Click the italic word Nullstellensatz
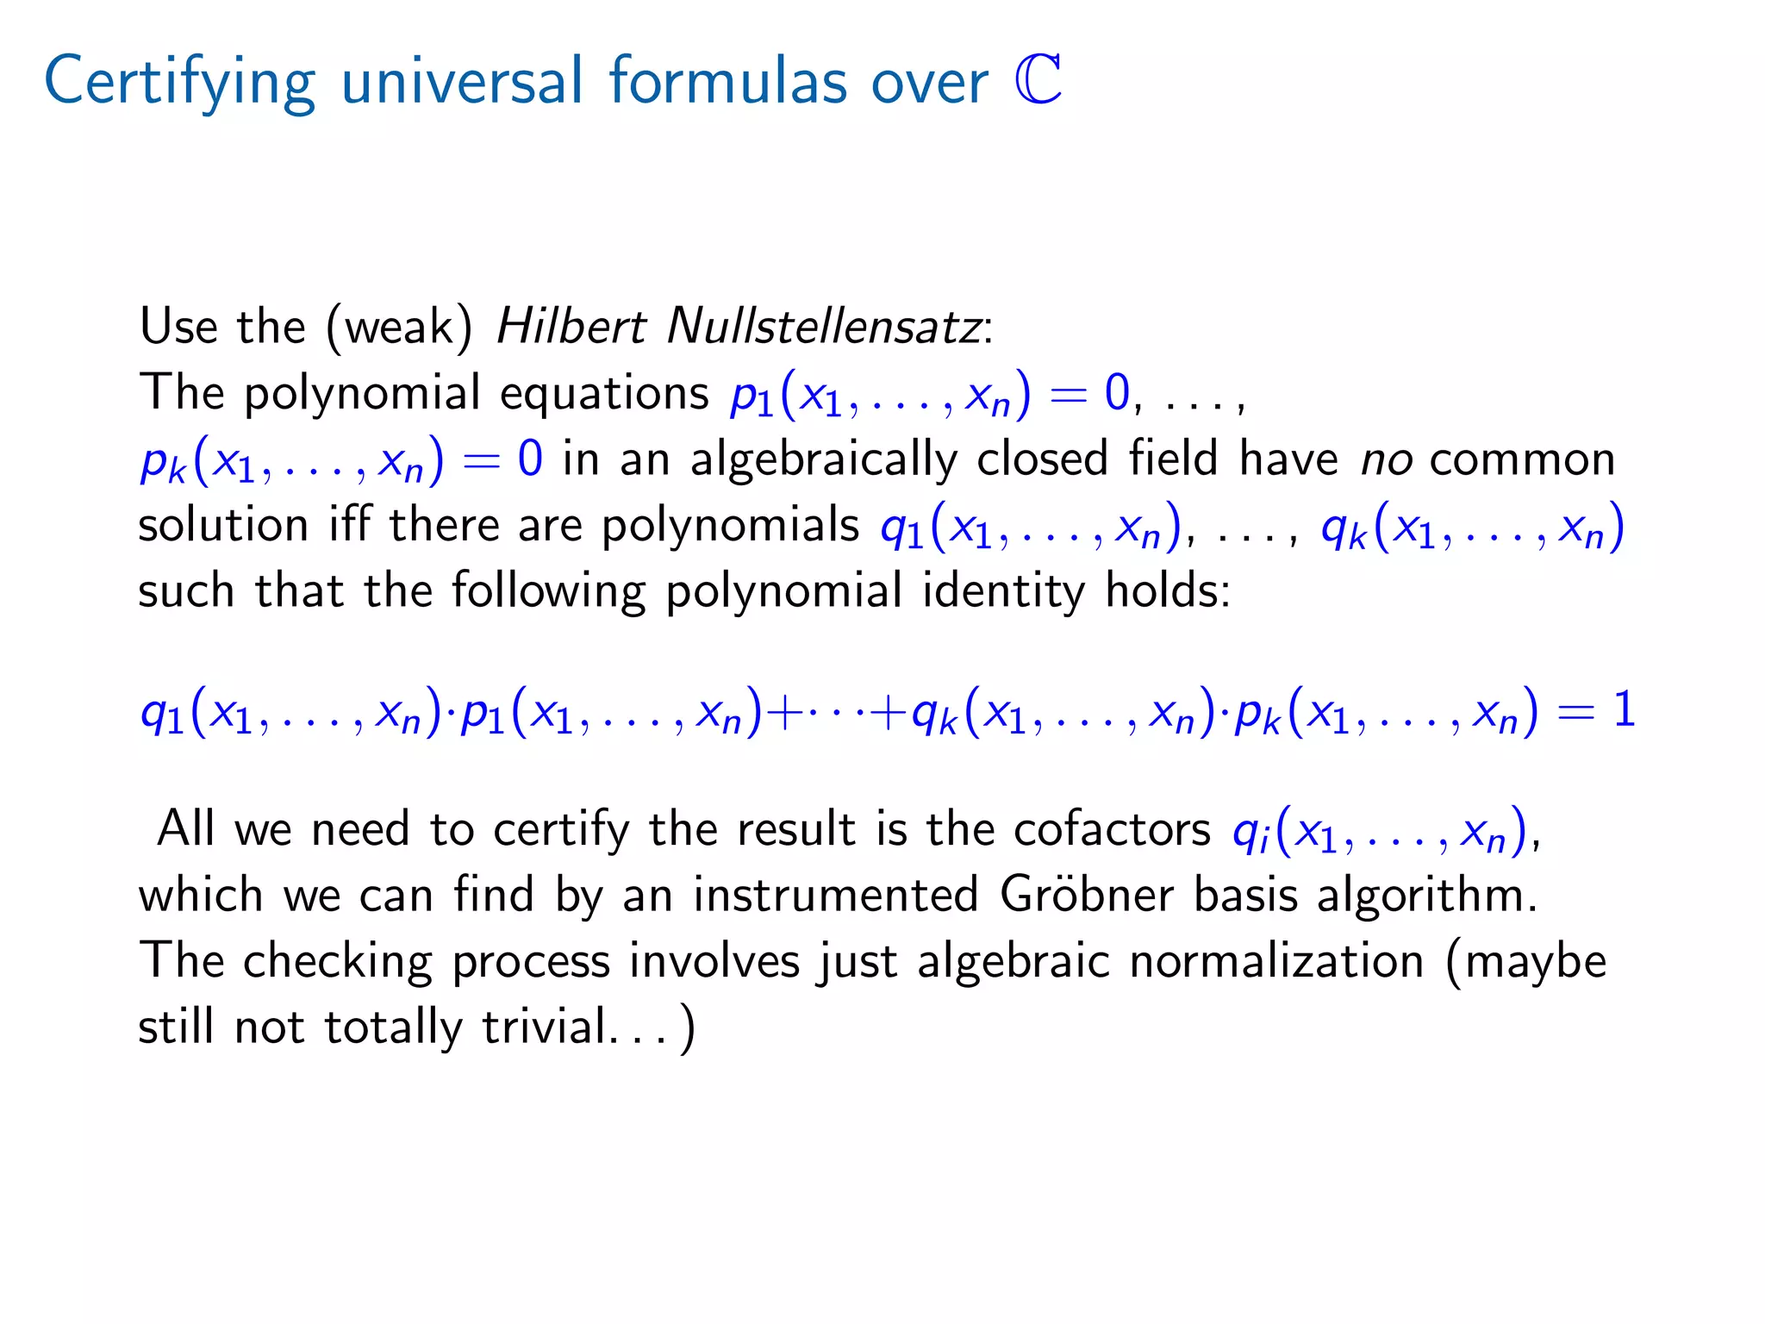[x=824, y=327]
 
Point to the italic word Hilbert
[x=571, y=327]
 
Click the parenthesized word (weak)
[x=399, y=328]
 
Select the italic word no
[x=1386, y=459]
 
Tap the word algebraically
[x=823, y=459]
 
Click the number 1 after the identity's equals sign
[x=1624, y=710]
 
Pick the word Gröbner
[x=1087, y=895]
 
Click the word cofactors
[x=1112, y=829]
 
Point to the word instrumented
[x=835, y=895]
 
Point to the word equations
[x=604, y=394]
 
